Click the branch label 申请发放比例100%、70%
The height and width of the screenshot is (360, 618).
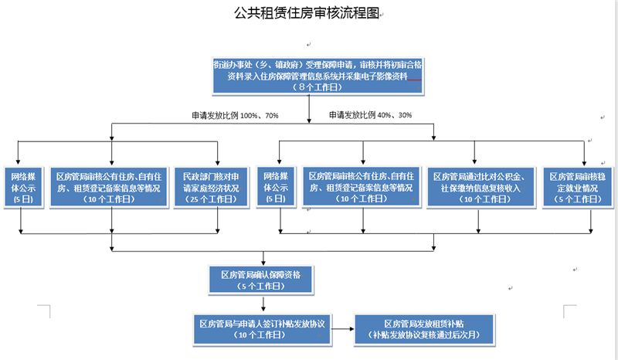pyautogui.click(x=234, y=115)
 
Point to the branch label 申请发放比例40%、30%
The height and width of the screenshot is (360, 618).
pyautogui.click(x=370, y=115)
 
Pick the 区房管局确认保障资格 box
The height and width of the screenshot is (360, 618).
pyautogui.click(x=265, y=279)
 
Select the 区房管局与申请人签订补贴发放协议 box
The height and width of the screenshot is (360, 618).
pyautogui.click(x=265, y=328)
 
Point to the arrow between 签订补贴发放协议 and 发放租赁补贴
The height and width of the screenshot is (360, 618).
pyautogui.click(x=345, y=328)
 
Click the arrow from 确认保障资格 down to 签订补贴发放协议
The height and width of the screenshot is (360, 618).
pyautogui.click(x=265, y=303)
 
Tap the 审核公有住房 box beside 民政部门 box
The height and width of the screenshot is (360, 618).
pyautogui.click(x=113, y=187)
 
